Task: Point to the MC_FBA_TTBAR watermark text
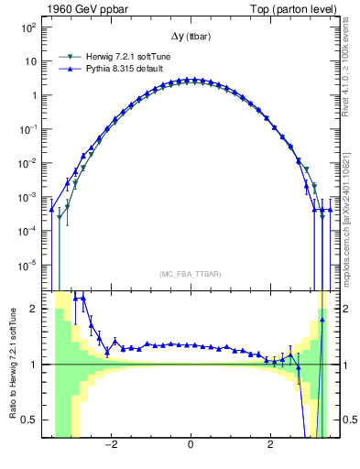(190, 274)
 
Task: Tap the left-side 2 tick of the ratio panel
(34, 309)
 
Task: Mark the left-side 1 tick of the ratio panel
(34, 365)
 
